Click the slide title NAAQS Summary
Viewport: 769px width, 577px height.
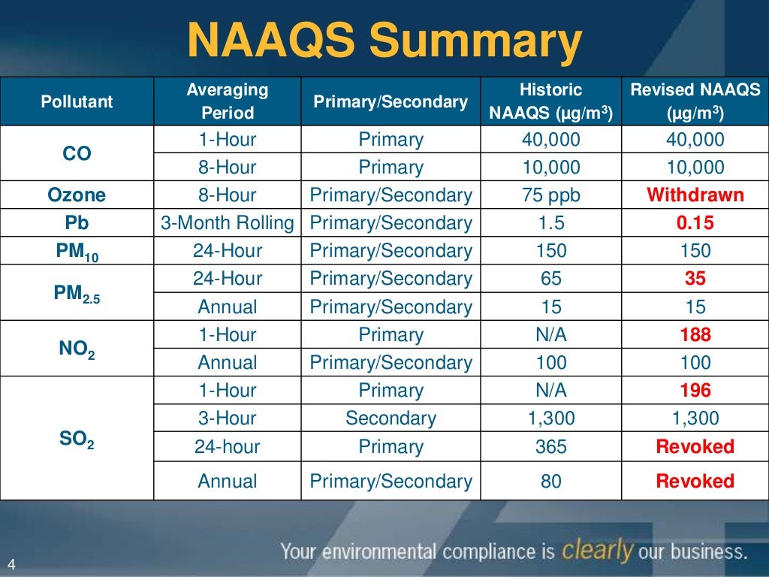384,43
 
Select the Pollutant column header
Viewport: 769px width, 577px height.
77,101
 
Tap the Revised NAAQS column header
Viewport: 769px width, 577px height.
695,101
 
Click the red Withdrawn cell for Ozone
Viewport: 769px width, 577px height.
695,195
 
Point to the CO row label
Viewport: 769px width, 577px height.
77,154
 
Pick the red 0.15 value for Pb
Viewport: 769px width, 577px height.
695,223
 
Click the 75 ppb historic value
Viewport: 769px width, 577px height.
550,195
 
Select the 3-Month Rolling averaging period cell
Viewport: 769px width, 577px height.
228,223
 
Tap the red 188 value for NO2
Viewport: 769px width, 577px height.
695,335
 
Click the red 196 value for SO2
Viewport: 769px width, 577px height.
695,391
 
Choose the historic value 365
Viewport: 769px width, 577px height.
550,447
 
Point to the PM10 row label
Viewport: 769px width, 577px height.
77,252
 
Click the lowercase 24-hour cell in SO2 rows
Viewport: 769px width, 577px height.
227,447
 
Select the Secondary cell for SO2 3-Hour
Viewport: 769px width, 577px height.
391,418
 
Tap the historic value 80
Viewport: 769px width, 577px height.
550,482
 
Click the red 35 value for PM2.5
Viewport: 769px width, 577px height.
695,279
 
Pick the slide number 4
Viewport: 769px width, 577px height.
11,564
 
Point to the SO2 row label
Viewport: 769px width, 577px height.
77,439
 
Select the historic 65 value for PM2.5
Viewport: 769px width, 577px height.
550,279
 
